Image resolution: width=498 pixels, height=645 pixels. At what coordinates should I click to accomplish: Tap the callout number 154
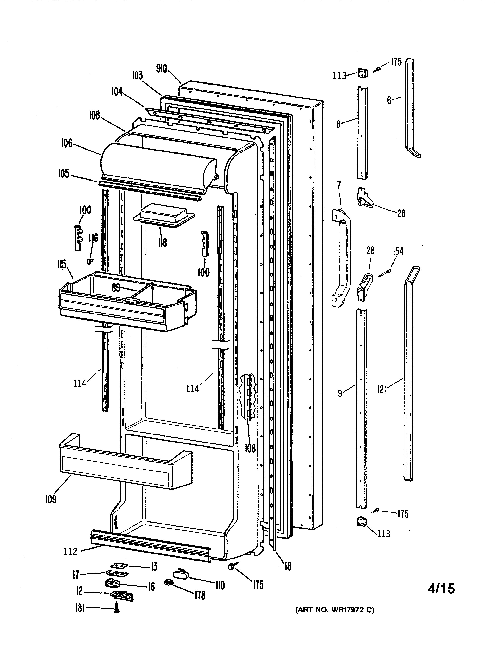398,251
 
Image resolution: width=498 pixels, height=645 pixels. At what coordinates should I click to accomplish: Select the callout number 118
162,243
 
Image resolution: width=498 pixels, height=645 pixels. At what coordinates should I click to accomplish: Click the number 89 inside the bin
116,288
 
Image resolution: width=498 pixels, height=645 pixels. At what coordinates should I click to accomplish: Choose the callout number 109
50,499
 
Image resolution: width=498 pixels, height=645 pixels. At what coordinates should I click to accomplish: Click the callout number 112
70,551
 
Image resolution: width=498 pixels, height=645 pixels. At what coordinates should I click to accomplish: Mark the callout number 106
67,143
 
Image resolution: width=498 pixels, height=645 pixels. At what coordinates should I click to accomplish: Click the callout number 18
288,566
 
